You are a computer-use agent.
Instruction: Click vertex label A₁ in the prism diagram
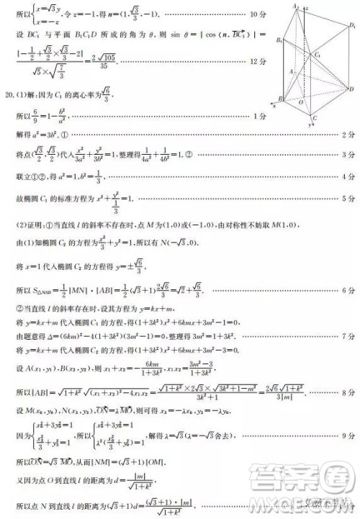[x=294, y=6]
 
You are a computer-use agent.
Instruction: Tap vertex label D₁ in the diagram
[x=353, y=26]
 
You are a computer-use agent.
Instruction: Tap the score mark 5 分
[x=349, y=199]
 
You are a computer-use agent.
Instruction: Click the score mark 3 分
[x=349, y=155]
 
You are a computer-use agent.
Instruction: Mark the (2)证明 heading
[x=27, y=225]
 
